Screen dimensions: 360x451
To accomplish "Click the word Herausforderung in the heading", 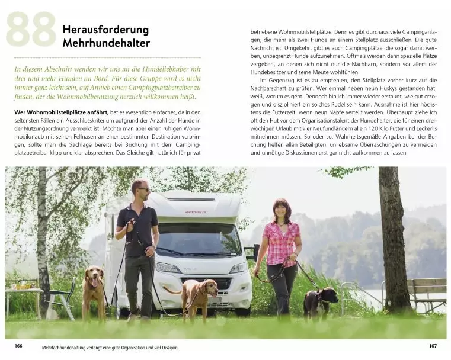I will point(105,29).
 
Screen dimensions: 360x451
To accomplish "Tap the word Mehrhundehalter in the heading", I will point(106,43).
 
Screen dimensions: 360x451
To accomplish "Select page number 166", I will point(18,346).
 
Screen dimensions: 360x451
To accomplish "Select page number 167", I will point(433,346).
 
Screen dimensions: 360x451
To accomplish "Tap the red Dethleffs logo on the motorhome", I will point(195,212).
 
